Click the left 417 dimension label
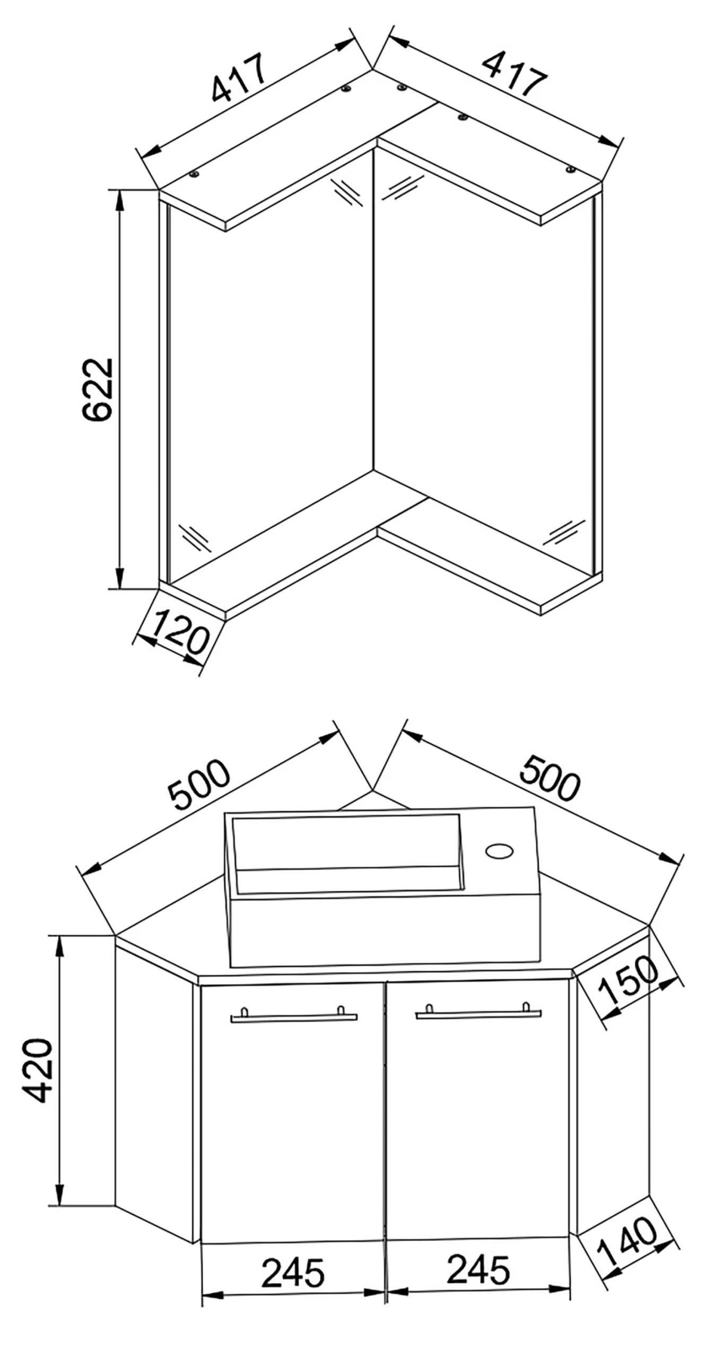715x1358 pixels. click(238, 77)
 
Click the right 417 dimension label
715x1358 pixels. click(513, 74)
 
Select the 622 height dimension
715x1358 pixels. click(99, 389)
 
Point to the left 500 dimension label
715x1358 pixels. click(199, 786)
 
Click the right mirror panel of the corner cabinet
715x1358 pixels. click(484, 361)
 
